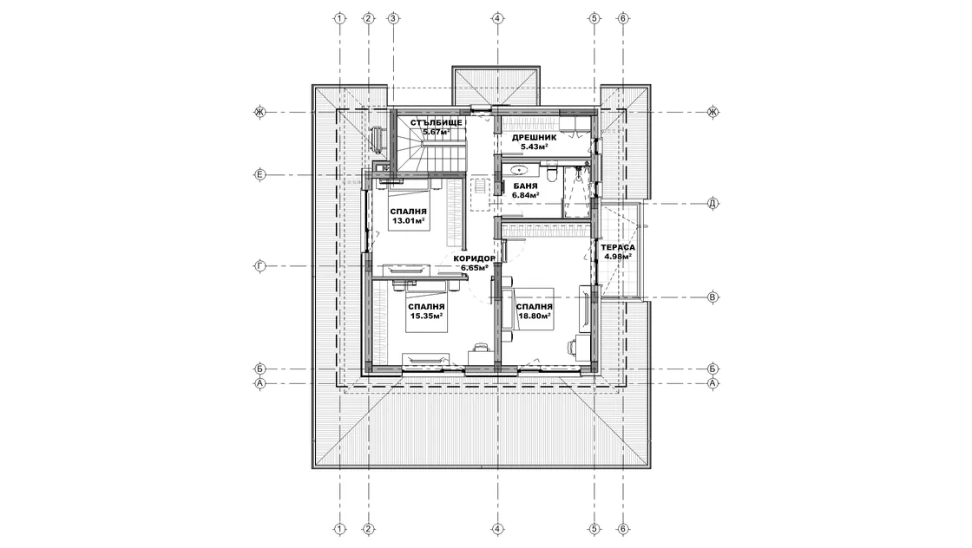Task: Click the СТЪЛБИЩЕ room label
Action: click(436, 122)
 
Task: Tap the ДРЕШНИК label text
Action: click(534, 138)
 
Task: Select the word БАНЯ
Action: click(525, 186)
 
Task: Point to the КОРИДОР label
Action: click(474, 259)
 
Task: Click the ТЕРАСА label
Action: click(617, 247)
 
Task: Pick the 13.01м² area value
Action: click(408, 220)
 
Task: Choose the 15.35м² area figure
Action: click(426, 316)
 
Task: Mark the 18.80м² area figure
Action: click(535, 316)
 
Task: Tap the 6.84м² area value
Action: click(525, 195)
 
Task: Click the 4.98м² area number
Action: click(618, 257)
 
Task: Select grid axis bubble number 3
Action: click(392, 18)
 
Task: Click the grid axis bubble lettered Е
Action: click(260, 174)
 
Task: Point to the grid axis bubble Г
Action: click(260, 266)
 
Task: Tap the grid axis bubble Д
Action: click(713, 203)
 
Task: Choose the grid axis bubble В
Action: click(713, 297)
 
